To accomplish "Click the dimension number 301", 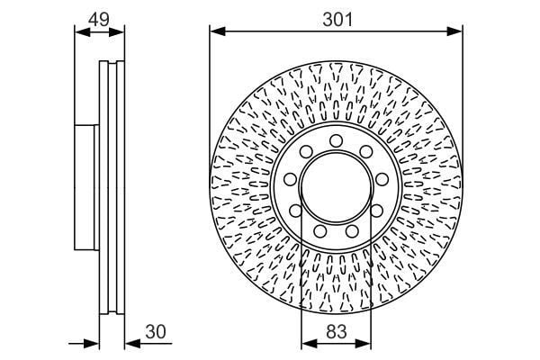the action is (337, 20).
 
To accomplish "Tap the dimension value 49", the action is (99, 19).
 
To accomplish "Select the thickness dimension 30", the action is (156, 331).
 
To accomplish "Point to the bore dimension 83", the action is (336, 332).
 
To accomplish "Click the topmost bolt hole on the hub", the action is (336, 141).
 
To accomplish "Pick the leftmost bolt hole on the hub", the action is (291, 179).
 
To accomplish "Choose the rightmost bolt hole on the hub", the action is (382, 179).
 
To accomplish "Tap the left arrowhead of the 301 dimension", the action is (217, 31).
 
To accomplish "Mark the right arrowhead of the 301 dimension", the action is (454, 31).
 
